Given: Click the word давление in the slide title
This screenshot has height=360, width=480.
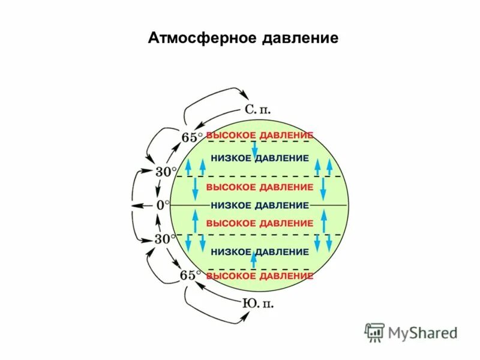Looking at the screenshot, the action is click(300, 39).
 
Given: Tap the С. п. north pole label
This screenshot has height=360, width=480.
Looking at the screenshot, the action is click(259, 110).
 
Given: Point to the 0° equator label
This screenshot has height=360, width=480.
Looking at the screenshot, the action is click(163, 205).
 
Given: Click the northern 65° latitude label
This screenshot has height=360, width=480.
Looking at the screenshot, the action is click(191, 137).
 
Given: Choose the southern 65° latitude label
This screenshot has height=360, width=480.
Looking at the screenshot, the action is click(191, 275).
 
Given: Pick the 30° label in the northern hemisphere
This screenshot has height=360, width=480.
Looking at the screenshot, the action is click(166, 171).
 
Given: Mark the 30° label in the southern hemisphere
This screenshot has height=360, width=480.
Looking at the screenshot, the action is click(166, 239).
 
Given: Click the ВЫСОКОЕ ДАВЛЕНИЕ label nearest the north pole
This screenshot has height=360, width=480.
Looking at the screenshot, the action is click(259, 135).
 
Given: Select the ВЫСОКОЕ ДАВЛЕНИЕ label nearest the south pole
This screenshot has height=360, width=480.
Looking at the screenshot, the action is click(259, 276).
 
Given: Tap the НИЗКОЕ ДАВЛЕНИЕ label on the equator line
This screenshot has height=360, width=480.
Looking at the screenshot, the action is click(259, 205).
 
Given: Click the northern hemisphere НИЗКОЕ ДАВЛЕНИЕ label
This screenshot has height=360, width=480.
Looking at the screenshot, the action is click(259, 158).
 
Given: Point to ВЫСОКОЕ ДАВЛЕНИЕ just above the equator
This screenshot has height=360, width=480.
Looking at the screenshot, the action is click(259, 187).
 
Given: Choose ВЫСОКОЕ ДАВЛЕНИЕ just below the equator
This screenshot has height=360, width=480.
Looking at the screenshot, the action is click(259, 223).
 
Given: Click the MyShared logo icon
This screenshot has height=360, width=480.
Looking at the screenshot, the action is click(375, 332).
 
